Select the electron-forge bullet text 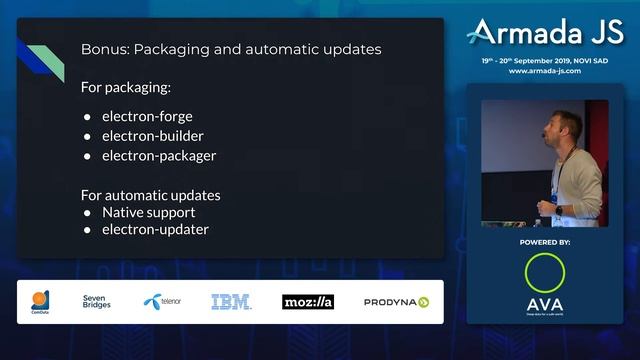(x=147, y=116)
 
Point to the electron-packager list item (x=158, y=156)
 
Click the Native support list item (x=148, y=213)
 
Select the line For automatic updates (x=150, y=195)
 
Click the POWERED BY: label (x=545, y=243)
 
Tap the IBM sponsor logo (x=231, y=301)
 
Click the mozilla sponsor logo (x=307, y=301)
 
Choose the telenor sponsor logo (x=163, y=301)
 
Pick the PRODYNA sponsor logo (x=396, y=301)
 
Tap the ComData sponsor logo (x=41, y=302)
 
